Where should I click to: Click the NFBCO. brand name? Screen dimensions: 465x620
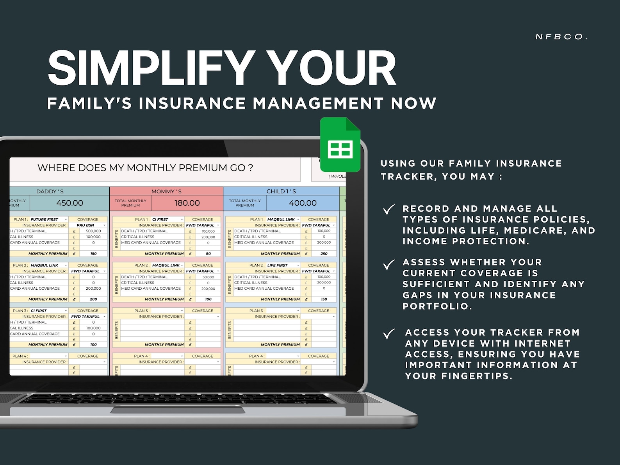pyautogui.click(x=561, y=37)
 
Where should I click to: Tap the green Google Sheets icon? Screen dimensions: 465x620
pyautogui.click(x=340, y=145)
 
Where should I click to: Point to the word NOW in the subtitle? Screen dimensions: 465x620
pyautogui.click(x=413, y=103)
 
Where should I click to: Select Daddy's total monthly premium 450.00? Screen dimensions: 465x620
pyautogui.click(x=69, y=203)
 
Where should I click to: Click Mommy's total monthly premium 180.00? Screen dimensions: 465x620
pyautogui.click(x=187, y=203)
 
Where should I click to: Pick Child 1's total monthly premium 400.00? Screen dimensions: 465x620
pyautogui.click(x=303, y=203)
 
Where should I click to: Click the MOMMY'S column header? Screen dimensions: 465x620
pyautogui.click(x=166, y=191)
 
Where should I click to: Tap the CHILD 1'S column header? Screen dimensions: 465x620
pyautogui.click(x=281, y=191)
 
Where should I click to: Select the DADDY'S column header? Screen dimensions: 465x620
pyautogui.click(x=50, y=191)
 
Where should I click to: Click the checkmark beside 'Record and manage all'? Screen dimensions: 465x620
pyautogui.click(x=389, y=210)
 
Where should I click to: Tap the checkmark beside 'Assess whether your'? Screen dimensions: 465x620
pyautogui.click(x=389, y=265)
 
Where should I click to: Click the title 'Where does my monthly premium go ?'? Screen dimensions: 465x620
pyautogui.click(x=145, y=168)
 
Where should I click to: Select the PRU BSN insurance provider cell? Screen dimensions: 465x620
pyautogui.click(x=86, y=225)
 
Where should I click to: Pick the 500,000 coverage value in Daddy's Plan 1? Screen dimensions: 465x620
pyautogui.click(x=93, y=231)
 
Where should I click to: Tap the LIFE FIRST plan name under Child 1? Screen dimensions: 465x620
pyautogui.click(x=277, y=265)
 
